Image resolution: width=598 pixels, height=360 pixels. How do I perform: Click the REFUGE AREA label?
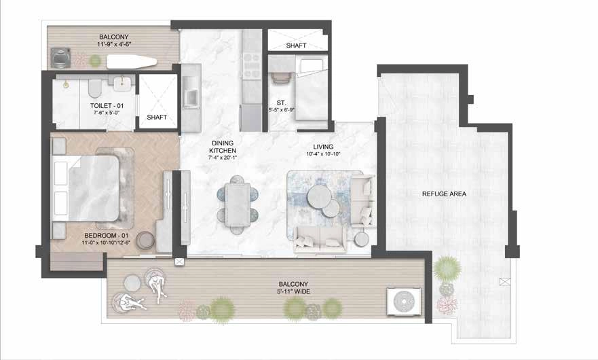point(444,194)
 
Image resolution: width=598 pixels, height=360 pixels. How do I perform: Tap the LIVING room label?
point(323,147)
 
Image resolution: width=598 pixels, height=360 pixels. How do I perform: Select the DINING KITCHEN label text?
point(223,147)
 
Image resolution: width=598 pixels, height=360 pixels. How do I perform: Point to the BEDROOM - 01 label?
point(107,236)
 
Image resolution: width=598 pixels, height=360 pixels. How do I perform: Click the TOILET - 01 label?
point(107,106)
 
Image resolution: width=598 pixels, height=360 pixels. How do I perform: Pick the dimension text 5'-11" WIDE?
point(293,291)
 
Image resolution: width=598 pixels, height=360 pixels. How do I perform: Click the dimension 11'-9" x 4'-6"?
point(114,44)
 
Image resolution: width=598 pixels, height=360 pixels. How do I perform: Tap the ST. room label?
point(281,103)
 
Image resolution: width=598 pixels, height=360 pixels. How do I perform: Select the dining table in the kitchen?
point(237,204)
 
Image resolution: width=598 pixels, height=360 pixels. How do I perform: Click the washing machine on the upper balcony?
point(60,58)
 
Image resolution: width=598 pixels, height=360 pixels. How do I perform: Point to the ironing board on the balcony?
point(132,62)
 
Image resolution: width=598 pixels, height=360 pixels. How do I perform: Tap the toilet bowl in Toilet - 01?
point(94,88)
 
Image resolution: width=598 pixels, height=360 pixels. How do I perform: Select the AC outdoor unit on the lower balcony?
point(405,302)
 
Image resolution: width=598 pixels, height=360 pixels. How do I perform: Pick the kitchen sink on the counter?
point(191,98)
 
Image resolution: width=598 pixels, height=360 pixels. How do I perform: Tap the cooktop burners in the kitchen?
point(251,66)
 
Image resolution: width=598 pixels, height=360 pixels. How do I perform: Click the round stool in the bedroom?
point(145,240)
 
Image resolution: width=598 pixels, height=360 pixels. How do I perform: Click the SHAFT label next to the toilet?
point(157,118)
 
